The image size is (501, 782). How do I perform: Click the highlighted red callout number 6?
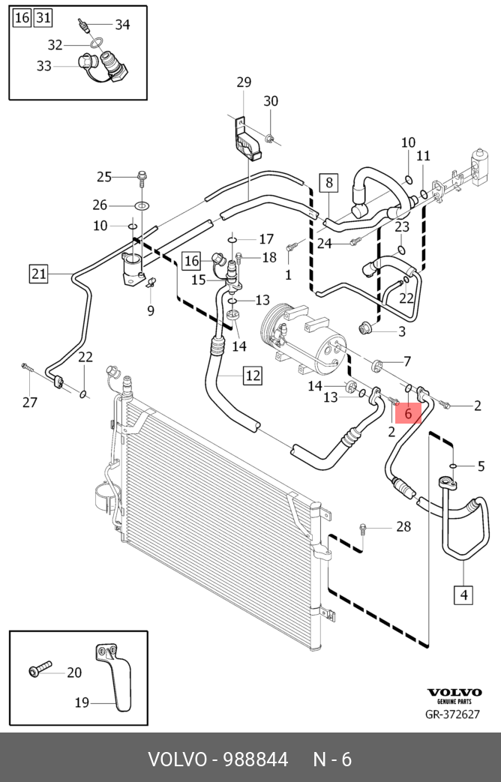tap(408, 412)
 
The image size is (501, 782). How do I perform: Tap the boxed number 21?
tap(39, 274)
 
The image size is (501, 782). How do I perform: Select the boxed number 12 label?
tap(252, 374)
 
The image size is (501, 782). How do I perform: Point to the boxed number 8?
tap(328, 181)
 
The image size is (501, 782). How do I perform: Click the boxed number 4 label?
tap(463, 595)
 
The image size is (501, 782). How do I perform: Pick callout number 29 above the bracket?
tap(244, 82)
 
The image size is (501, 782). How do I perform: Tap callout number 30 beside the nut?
tap(271, 101)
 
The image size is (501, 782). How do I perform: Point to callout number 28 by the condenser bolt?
tap(403, 527)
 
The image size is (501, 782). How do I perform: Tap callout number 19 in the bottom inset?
tap(82, 703)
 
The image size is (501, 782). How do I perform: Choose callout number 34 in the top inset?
tap(122, 25)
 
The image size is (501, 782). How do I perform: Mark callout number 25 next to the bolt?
tap(103, 177)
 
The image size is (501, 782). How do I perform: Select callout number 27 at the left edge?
tap(29, 403)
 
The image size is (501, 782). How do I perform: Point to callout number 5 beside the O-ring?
tap(481, 466)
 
